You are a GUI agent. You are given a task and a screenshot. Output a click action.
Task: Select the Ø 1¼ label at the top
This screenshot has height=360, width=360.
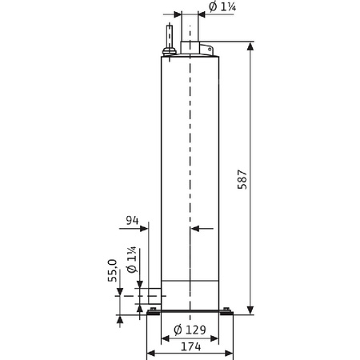click(x=223, y=7)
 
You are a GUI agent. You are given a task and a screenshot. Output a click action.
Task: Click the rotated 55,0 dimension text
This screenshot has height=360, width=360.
click(x=114, y=273)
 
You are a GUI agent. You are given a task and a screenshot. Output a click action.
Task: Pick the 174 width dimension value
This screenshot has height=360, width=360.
click(x=190, y=348)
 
